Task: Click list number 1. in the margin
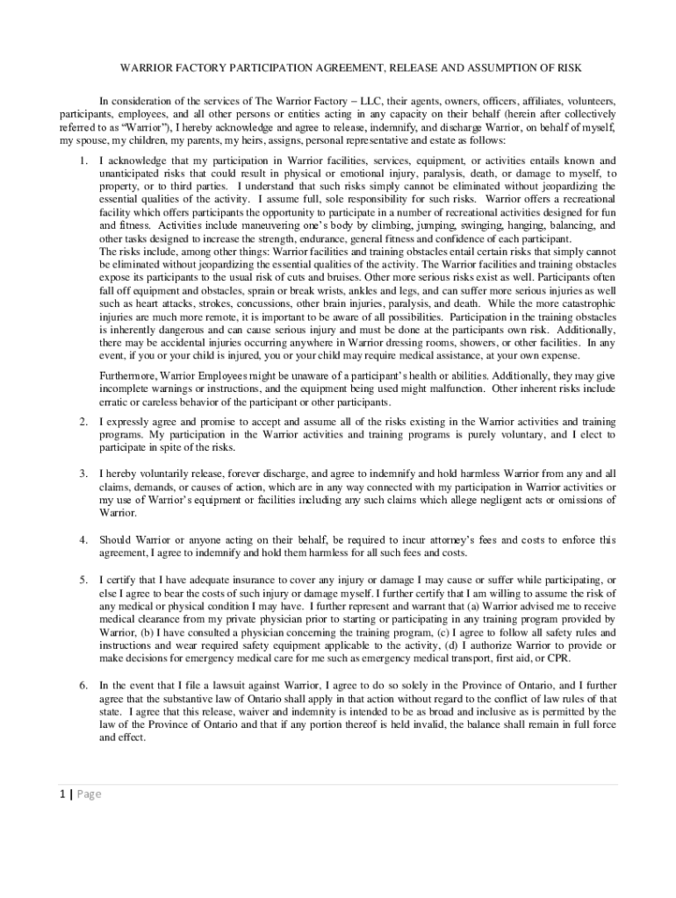click(83, 161)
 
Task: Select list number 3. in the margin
click(83, 474)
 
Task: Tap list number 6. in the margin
click(83, 685)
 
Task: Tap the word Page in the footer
click(88, 795)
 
